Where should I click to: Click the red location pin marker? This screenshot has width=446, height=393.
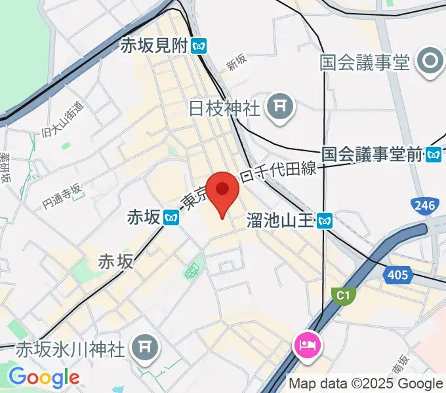(222, 191)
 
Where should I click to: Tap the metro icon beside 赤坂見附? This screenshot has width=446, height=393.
(199, 46)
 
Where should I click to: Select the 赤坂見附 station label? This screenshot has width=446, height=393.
(154, 46)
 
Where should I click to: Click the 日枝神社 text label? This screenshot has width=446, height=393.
(224, 107)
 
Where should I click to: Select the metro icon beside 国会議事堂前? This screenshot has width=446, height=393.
(434, 155)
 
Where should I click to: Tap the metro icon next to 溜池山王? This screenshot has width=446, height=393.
(323, 221)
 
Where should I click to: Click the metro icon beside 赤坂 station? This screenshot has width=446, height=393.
(172, 217)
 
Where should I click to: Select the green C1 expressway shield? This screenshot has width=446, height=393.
(342, 296)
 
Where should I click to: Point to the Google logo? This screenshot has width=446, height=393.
(43, 377)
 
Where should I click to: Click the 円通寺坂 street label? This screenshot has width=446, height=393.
(62, 195)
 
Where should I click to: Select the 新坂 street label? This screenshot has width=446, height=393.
(236, 62)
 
